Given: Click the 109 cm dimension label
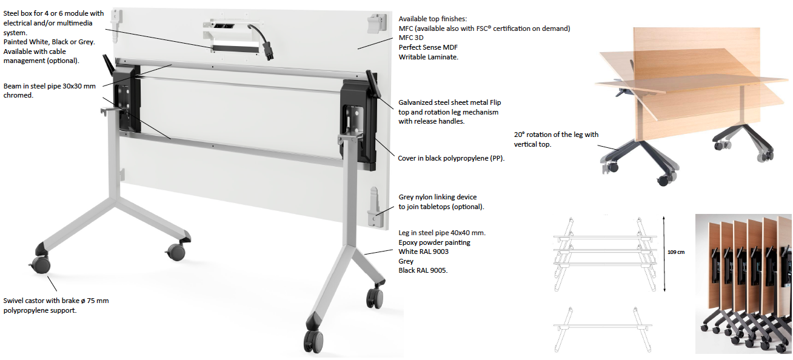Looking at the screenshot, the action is pos(676,252).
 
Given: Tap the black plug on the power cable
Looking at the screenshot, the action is pos(268,52).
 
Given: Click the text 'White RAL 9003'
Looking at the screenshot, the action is pos(423,252).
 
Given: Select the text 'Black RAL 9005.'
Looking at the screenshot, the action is pos(423,270).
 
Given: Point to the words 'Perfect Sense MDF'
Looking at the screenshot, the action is pos(428,47).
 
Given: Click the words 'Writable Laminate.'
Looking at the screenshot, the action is pos(429,56).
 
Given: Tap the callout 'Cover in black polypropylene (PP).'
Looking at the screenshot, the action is pos(451,158).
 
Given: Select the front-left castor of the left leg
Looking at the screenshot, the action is pos(39,264).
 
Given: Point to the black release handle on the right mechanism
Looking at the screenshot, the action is pos(373,84).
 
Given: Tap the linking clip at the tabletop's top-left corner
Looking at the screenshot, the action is pos(116,21).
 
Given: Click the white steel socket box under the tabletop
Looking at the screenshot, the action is pos(232,35).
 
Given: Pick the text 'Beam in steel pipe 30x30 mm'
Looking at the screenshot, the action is pos(50,86).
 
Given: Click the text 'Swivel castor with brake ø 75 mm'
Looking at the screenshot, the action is pos(56,301).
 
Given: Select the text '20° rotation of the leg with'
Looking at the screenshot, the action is pos(556,135).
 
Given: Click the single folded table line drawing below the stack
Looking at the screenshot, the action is pos(603,330).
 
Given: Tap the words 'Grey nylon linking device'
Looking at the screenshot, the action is pos(438,197).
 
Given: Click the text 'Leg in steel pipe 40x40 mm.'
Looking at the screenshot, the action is pos(442,233).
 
